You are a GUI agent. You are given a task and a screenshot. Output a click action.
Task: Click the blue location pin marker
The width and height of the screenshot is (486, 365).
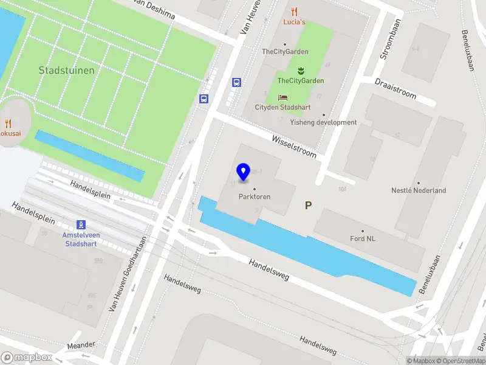244,172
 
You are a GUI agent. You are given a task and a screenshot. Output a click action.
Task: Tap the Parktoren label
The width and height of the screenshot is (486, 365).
255,196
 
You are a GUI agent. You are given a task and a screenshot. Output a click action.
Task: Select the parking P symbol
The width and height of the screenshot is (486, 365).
308,206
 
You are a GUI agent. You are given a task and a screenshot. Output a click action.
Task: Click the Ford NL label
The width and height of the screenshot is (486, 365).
363,238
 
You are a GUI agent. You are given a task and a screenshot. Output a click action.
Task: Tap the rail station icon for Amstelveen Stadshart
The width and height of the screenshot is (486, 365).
81,225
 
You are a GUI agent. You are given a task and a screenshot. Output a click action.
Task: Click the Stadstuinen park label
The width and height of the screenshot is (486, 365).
66,71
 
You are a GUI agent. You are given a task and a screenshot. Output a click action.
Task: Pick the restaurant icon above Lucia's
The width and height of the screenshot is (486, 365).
295,11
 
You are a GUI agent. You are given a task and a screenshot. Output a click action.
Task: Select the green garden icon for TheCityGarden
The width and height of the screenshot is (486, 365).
300,71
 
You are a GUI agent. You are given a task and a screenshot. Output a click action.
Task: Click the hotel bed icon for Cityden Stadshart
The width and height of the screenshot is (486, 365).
282,97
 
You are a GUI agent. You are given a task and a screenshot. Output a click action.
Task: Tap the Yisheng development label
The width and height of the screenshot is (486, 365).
323,122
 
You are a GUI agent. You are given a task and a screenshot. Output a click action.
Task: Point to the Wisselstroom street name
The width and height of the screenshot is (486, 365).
294,147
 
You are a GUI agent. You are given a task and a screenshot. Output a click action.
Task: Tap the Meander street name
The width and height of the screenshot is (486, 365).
81,345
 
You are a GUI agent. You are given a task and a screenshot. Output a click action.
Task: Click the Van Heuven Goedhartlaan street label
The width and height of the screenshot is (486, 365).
128,274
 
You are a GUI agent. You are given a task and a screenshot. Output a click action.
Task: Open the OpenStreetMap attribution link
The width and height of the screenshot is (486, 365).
460,361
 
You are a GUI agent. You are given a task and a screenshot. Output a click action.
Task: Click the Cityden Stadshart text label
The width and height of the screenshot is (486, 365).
282,108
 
